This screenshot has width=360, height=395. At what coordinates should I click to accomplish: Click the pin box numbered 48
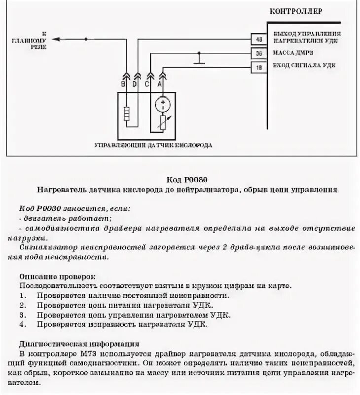click(259, 39)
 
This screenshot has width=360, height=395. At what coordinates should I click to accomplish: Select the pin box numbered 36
click(259, 53)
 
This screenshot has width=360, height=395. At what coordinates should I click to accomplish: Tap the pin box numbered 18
click(259, 67)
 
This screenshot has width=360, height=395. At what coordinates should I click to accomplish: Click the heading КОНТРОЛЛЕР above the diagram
click(295, 11)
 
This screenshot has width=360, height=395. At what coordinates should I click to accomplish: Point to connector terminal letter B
click(123, 84)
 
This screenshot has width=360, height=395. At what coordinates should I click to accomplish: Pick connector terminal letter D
click(136, 84)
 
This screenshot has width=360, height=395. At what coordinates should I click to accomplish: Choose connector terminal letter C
click(147, 84)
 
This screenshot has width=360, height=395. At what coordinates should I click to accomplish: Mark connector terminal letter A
click(159, 84)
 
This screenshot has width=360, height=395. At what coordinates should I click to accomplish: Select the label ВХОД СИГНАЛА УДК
click(302, 67)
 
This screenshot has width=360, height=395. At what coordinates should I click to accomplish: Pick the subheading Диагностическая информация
click(79, 343)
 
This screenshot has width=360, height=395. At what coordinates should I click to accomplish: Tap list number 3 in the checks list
click(23, 315)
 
